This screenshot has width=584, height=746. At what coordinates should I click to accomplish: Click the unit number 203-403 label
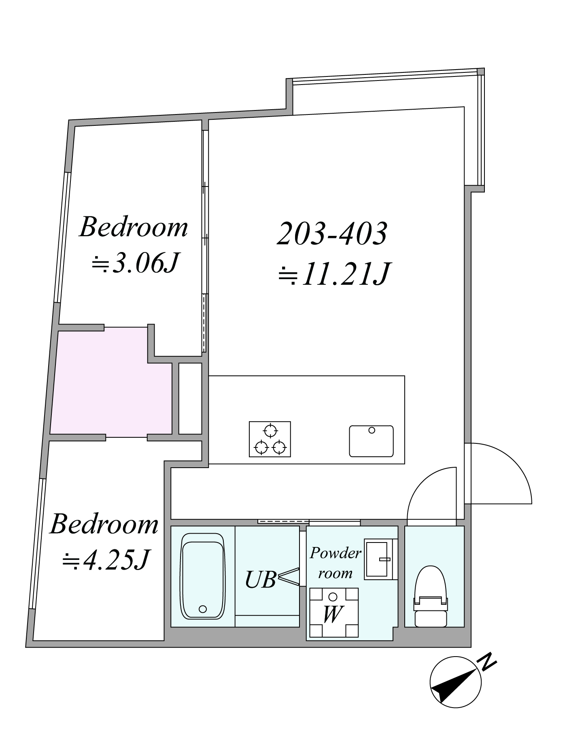click(x=332, y=234)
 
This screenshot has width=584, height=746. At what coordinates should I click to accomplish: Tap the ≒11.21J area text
click(x=334, y=274)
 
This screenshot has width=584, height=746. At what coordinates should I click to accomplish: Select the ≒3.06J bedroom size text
click(x=135, y=263)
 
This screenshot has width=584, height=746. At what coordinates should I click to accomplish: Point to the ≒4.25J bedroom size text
click(x=106, y=559)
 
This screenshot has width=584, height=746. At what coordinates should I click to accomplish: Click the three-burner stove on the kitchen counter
click(x=270, y=439)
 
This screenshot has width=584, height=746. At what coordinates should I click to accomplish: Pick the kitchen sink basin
click(x=371, y=441)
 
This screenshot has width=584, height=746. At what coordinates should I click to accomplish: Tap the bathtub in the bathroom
click(x=202, y=576)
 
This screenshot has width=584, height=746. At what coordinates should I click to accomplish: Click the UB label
click(x=261, y=579)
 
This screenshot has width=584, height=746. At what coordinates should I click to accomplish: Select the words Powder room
click(x=335, y=563)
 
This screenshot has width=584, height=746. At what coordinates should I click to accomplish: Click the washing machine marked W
click(x=334, y=612)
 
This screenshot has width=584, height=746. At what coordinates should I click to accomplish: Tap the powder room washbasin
click(x=379, y=559)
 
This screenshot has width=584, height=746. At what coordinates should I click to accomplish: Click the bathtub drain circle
click(x=203, y=609)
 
